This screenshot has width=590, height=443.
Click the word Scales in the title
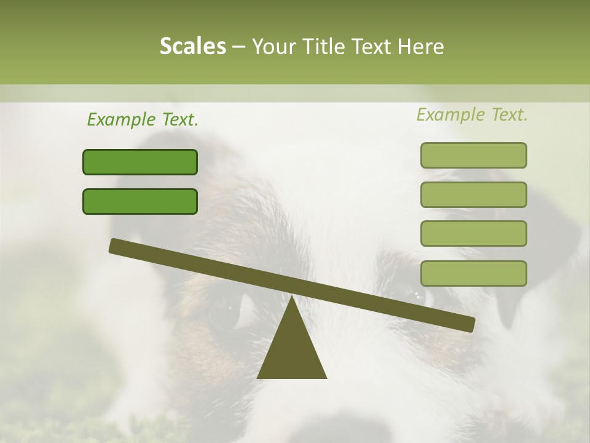click(192, 47)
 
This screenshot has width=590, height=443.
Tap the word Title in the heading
click(327, 47)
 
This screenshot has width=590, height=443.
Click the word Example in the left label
click(121, 119)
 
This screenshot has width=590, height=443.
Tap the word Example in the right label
click(450, 114)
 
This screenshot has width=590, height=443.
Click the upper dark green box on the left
click(140, 162)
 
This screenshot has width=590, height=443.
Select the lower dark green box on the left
click(140, 202)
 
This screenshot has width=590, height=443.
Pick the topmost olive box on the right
click(473, 156)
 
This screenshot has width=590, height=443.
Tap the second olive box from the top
click(473, 194)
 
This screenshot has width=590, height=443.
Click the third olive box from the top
click(473, 234)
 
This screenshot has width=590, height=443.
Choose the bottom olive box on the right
click(473, 273)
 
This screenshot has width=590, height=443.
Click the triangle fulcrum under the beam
click(292, 351)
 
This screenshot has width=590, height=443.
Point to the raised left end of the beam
click(116, 245)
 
